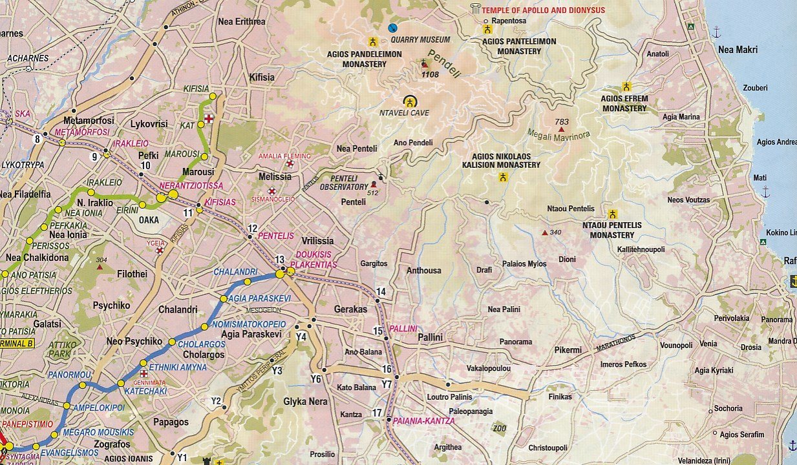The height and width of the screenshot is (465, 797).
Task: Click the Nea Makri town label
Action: pyautogui.click(x=738, y=49)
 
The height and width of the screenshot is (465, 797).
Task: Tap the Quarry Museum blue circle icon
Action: pyautogui.click(x=392, y=28)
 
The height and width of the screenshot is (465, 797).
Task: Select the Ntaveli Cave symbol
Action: pyautogui.click(x=410, y=101)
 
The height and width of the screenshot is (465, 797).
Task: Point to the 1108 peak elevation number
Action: pyautogui.click(x=430, y=75)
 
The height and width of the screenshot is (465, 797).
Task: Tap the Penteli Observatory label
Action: pyautogui.click(x=344, y=183)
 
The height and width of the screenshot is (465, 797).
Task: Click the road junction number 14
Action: pyautogui.click(x=381, y=292)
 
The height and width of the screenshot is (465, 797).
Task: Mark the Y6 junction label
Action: pyautogui.click(x=315, y=379)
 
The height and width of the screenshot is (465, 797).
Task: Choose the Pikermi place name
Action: pyautogui.click(x=568, y=350)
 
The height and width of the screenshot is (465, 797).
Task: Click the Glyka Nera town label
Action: pyautogui.click(x=305, y=401)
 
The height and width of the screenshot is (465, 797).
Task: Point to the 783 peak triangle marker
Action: pyautogui.click(x=561, y=129)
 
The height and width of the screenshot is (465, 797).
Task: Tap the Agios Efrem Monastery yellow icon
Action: pyautogui.click(x=626, y=87)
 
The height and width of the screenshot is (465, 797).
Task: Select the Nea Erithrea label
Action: pyautogui.click(x=242, y=21)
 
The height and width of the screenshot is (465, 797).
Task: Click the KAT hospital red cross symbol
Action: pyautogui.click(x=209, y=119)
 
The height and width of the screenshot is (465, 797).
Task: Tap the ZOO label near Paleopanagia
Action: pyautogui.click(x=498, y=428)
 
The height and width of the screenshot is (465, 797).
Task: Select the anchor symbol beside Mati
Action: pyautogui.click(x=765, y=191)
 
